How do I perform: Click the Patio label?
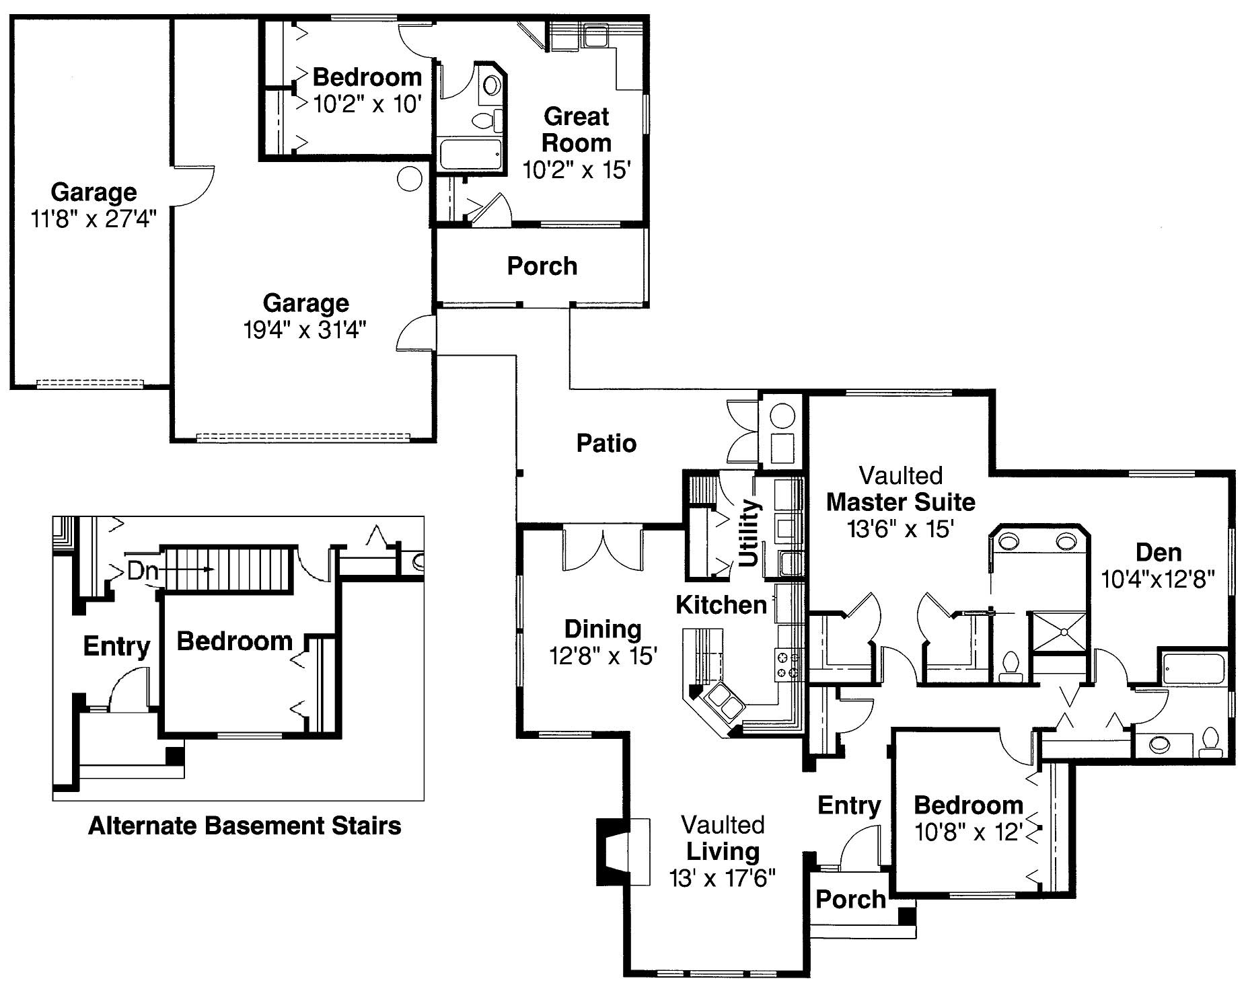tap(606, 444)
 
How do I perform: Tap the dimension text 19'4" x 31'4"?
tap(305, 330)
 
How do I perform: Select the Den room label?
tap(1158, 553)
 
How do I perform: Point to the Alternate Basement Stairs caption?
tap(244, 825)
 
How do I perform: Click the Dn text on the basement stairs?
tap(143, 571)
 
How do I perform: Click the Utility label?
tap(748, 532)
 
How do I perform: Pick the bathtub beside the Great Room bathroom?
tap(470, 154)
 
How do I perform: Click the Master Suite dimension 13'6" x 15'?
tap(900, 529)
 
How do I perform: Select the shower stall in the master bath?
tap(1059, 631)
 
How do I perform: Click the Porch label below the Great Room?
tap(542, 266)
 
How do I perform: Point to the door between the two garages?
tap(193, 185)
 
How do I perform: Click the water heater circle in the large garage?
tap(410, 178)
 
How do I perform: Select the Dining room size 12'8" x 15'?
tap(603, 656)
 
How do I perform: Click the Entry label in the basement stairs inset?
tap(116, 646)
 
